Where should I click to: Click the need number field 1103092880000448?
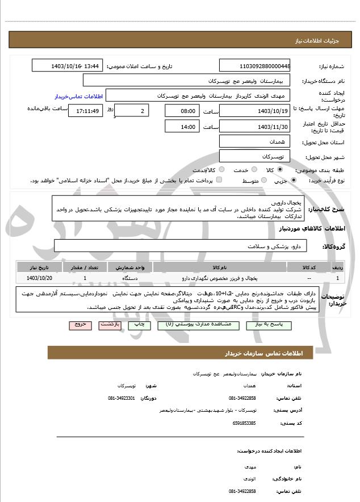256,66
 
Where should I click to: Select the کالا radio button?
279,170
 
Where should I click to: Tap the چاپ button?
139,325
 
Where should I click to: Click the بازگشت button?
109,325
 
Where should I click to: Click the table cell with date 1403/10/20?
39,278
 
